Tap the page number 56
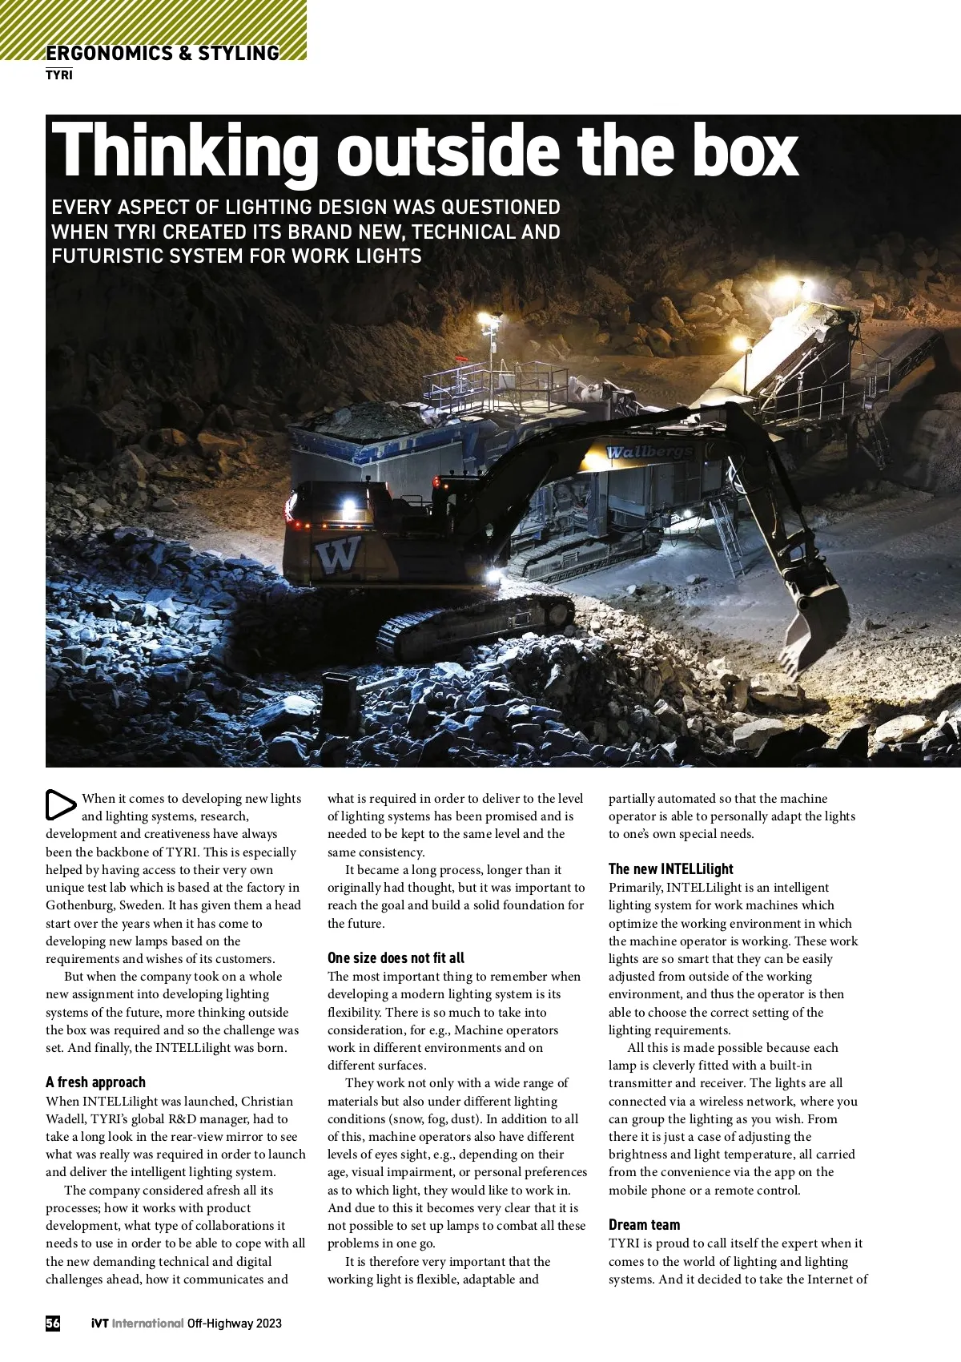(x=53, y=1323)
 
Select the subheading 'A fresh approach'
(x=95, y=1082)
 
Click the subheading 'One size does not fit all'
(x=396, y=958)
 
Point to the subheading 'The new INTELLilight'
(x=670, y=869)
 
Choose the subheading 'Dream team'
(x=644, y=1225)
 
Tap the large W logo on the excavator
(x=339, y=555)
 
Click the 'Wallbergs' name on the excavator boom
(x=649, y=453)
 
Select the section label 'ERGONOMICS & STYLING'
(x=163, y=54)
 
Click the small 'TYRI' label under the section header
(x=59, y=75)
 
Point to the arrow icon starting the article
(x=60, y=805)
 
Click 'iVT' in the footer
(x=99, y=1323)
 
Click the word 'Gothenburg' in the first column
(x=79, y=905)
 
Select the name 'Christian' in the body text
(x=267, y=1102)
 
